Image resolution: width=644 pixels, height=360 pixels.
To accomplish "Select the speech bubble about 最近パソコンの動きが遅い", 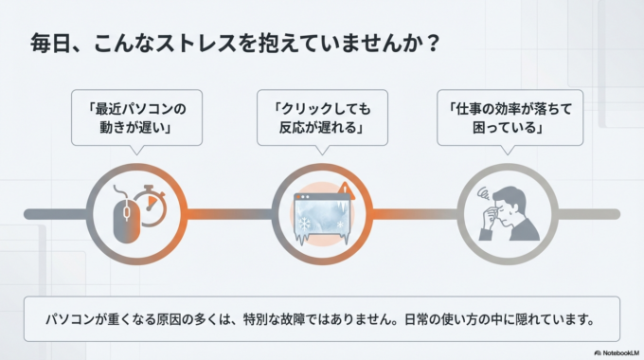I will click(x=137, y=117).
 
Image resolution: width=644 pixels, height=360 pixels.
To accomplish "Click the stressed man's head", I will click(x=509, y=201).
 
